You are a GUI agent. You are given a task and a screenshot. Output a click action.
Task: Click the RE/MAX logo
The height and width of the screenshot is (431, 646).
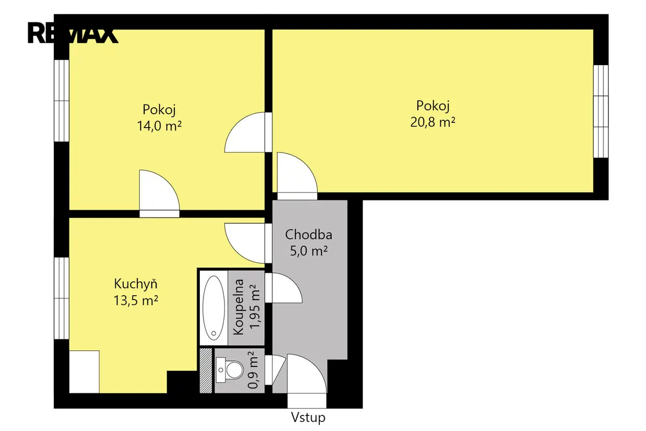pyautogui.click(x=73, y=33)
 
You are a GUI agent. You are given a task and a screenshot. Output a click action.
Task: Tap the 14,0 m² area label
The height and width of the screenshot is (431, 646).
pyautogui.click(x=159, y=126)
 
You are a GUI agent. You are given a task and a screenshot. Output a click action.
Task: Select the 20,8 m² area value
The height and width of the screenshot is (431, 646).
pyautogui.click(x=433, y=122)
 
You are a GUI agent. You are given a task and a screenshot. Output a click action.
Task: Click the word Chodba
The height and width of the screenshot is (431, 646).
pyautogui.click(x=308, y=234)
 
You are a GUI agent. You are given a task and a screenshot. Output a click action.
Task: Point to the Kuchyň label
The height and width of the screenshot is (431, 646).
pyautogui.click(x=136, y=284)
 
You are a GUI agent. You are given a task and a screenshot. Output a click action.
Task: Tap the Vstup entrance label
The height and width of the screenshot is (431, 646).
pyautogui.click(x=308, y=418)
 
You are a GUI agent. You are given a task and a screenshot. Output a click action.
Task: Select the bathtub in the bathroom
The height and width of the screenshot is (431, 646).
pyautogui.click(x=214, y=308)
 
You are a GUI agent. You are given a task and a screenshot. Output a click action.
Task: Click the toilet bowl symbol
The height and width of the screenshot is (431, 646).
pyautogui.click(x=234, y=370)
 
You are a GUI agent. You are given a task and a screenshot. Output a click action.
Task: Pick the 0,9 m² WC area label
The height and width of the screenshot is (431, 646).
pyautogui.click(x=253, y=370)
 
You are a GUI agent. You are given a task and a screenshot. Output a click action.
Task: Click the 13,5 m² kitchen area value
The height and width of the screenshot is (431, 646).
pyautogui.click(x=136, y=301)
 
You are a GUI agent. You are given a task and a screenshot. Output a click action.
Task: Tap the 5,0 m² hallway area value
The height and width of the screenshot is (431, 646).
pyautogui.click(x=308, y=251)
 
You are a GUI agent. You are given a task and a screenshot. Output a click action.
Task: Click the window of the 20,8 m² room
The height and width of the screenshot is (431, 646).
pyautogui.click(x=601, y=112)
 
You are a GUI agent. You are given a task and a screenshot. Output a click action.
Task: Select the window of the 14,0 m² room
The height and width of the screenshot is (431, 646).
pyautogui.click(x=61, y=101)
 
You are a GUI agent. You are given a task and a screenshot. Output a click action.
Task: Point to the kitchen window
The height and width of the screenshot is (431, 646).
pyautogui.click(x=61, y=298)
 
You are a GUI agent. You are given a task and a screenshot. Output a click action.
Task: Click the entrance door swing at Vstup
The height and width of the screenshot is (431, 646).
pyautogui.click(x=307, y=373)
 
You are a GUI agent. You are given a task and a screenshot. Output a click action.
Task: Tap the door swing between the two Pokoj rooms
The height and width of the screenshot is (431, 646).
pyautogui.click(x=244, y=132)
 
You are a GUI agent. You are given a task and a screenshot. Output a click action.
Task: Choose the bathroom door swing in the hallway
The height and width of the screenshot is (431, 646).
pyautogui.click(x=284, y=288)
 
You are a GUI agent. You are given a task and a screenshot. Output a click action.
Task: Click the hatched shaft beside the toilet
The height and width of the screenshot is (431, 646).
pyautogui.click(x=206, y=371)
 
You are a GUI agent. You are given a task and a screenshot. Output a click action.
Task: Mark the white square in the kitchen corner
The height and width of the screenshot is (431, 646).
pyautogui.click(x=84, y=372)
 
